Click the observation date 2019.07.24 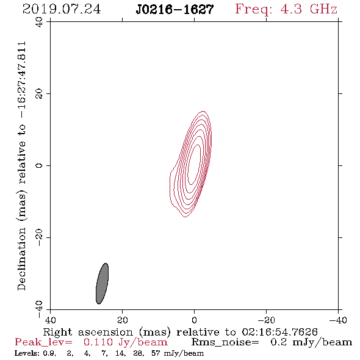point(62,9)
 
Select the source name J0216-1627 point(175,10)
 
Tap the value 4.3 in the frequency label point(291,9)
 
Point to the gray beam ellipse point(102,284)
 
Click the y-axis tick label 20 point(39,94)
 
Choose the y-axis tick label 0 point(39,165)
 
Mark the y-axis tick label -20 point(39,237)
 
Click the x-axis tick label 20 point(123,320)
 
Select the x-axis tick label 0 point(194,320)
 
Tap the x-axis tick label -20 point(266,320)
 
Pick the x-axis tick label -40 point(338,320)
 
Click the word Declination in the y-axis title point(21,259)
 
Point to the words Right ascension point(88,332)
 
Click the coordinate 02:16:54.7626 point(279,332)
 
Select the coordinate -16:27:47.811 point(23,80)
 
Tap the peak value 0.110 point(98,342)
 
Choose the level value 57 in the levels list point(156,353)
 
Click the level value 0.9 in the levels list point(49,353)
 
